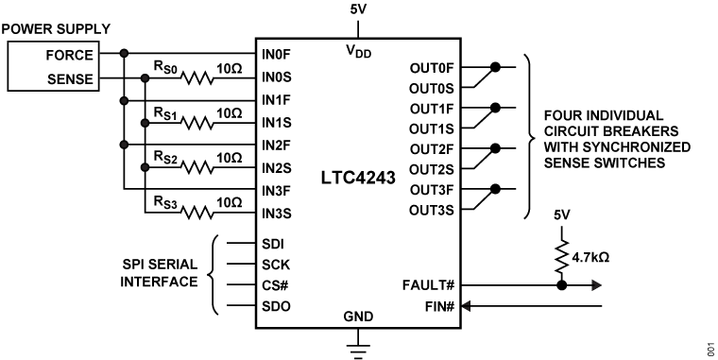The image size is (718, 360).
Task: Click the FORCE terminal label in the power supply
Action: (69, 55)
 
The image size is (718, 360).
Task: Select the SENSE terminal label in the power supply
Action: (69, 79)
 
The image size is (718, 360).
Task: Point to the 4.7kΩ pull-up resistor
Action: (563, 252)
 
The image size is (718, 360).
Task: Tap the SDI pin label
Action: (272, 243)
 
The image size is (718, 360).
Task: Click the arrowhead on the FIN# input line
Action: (470, 305)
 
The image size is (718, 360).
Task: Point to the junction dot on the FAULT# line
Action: (563, 283)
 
